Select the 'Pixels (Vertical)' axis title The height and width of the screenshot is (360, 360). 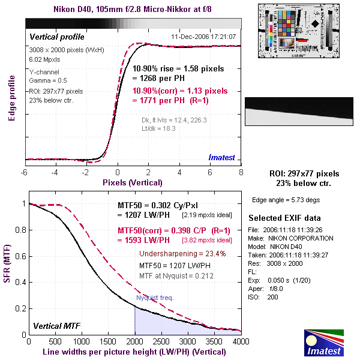coord(133,182)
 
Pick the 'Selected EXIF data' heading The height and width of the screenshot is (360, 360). coord(285,217)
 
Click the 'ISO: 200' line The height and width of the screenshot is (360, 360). coord(264,296)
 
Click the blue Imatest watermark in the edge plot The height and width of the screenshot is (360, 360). coord(224,157)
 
